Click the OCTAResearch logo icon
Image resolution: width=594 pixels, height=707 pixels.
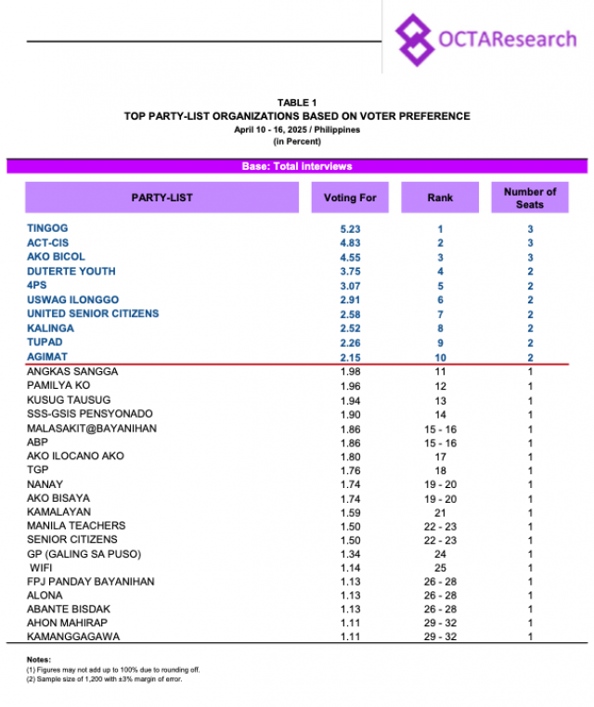[415, 40]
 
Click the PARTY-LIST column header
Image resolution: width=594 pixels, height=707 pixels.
[161, 198]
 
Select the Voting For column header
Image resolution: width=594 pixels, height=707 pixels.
[350, 198]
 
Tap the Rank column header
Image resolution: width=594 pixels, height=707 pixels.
[440, 198]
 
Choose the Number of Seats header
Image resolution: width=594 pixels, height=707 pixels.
[530, 198]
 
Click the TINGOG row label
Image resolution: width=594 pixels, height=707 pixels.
[47, 228]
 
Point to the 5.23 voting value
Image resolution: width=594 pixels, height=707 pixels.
[350, 228]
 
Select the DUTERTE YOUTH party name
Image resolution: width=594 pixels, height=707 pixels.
[71, 271]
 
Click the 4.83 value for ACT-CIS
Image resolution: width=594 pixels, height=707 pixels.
[350, 243]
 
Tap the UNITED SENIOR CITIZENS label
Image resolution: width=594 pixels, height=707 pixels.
[93, 314]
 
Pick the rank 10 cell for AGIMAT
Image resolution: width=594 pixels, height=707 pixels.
[440, 357]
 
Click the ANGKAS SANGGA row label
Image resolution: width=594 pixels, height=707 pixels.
[73, 372]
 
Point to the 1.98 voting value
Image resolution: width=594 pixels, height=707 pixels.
[350, 372]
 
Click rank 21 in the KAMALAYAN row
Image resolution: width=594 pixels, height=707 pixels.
[440, 511]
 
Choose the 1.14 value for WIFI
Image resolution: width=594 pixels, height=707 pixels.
[350, 568]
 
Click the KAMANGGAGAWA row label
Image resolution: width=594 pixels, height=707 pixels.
[73, 637]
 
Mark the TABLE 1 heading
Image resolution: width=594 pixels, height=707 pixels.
[297, 102]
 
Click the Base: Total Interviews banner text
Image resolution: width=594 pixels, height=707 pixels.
[297, 166]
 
